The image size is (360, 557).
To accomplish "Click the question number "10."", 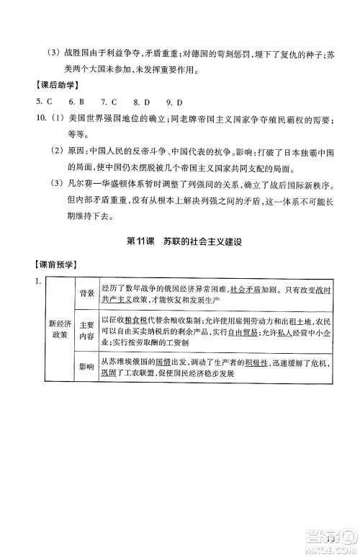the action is [x=31, y=120].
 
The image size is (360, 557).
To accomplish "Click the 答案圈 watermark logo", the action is [x=328, y=535].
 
